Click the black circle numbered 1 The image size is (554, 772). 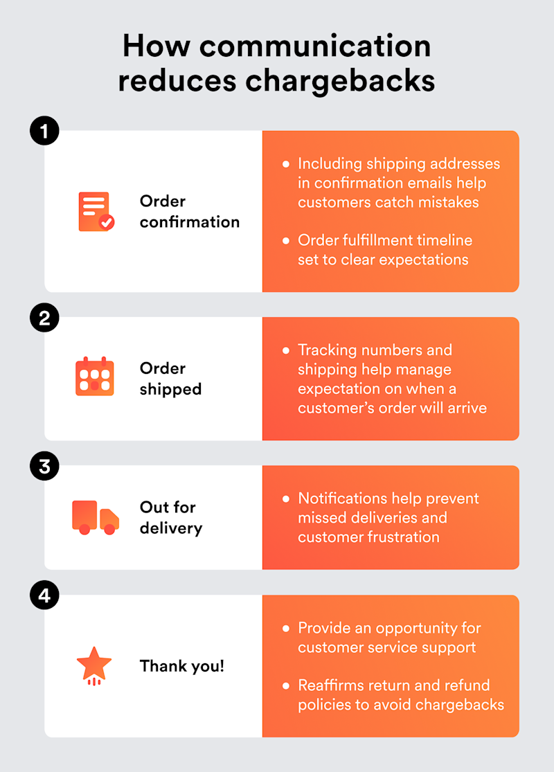pos(44,132)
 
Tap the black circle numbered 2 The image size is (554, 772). pos(44,318)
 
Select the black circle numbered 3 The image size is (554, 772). pos(44,467)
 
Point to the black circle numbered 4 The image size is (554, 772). pos(44,596)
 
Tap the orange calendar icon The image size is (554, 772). pos(94,377)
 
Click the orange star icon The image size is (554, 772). pos(94,665)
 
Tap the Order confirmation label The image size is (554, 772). pos(189,211)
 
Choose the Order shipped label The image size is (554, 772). pos(170,378)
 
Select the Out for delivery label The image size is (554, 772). pos(170,518)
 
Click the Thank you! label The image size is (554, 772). pos(182,666)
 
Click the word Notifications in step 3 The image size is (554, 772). pos(342,499)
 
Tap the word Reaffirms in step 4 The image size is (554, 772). pos(334,685)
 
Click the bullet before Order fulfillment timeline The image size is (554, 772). pos(286,241)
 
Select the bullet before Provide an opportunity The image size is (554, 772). pos(286,629)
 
